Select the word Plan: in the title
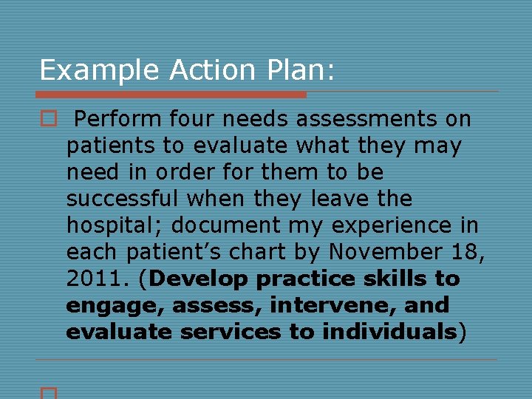[299, 70]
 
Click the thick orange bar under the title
[171, 95]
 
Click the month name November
[389, 252]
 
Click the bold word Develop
[203, 279]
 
